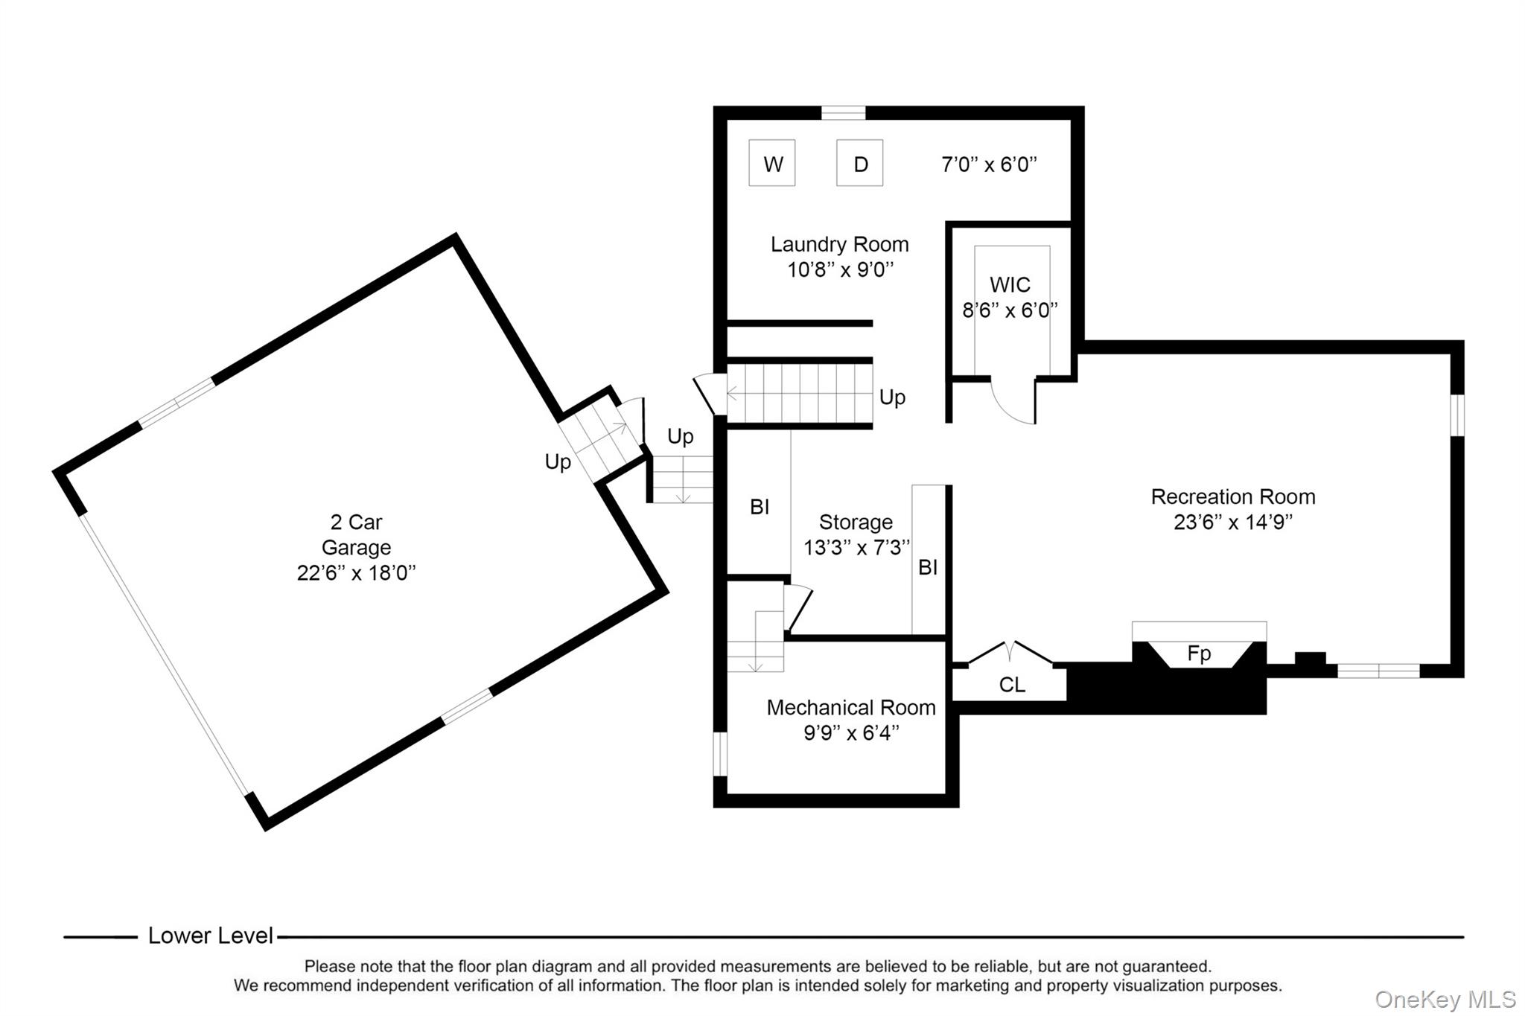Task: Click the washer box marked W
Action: (772, 163)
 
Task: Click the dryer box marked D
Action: (860, 163)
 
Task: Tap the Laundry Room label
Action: (839, 244)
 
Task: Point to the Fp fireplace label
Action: (1199, 654)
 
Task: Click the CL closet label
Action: (1012, 685)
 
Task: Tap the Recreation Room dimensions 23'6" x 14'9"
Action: (1232, 523)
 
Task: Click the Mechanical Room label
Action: (851, 707)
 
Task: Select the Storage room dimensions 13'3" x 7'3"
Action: (856, 548)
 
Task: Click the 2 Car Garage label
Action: (356, 534)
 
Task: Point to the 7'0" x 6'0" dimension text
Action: (989, 164)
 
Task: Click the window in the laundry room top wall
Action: (844, 113)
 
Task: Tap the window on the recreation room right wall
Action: (1457, 415)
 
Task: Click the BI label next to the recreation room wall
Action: (928, 567)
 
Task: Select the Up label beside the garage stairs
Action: (558, 461)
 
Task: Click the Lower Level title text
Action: (211, 936)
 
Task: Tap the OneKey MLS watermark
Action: (1445, 999)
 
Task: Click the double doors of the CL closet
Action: (1010, 652)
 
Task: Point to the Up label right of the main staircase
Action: (892, 397)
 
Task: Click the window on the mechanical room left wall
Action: (719, 754)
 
